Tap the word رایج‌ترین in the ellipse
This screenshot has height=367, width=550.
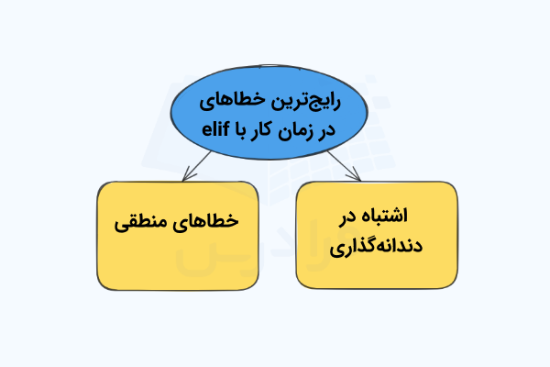click(x=307, y=102)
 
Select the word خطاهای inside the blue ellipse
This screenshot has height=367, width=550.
click(x=235, y=102)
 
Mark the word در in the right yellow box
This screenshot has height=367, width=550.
click(x=346, y=217)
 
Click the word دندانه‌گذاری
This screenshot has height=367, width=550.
click(x=376, y=247)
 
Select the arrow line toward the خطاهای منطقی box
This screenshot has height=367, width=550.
click(x=197, y=166)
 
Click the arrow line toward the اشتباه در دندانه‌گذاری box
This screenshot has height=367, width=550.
click(x=344, y=166)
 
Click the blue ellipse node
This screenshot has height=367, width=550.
click(x=269, y=112)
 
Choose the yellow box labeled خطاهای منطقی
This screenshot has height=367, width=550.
click(x=178, y=236)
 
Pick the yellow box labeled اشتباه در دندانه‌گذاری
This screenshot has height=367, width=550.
click(x=377, y=235)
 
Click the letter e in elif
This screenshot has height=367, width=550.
click(x=206, y=130)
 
